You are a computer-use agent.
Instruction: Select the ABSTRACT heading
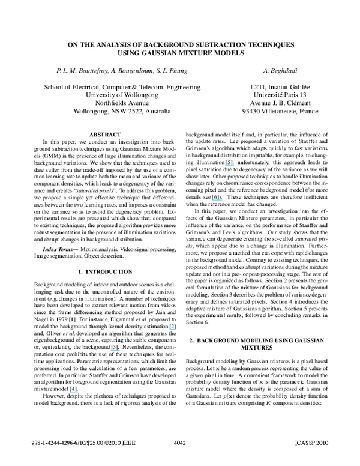(x=106, y=134)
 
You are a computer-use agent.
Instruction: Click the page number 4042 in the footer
(x=179, y=459)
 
